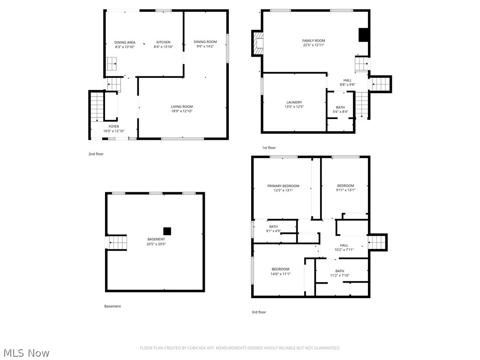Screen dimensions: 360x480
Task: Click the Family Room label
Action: [x=313, y=41]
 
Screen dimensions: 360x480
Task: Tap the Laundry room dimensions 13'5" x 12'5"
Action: [x=294, y=107]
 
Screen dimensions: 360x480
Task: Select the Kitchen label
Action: [x=163, y=42]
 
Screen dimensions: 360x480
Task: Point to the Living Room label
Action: [x=181, y=107]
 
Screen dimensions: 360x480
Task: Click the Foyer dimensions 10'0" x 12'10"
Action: [x=113, y=131]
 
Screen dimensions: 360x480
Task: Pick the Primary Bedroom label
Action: [x=283, y=186]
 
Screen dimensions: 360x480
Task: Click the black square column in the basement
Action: [x=167, y=231]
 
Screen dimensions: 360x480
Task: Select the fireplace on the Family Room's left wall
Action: [x=257, y=44]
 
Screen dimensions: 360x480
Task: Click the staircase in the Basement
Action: [x=118, y=243]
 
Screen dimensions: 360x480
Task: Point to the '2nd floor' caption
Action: [x=96, y=154]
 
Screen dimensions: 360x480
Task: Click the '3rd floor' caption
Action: [x=259, y=312]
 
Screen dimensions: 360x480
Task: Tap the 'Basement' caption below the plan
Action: [x=112, y=306]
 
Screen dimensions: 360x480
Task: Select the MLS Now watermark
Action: [x=25, y=353]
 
